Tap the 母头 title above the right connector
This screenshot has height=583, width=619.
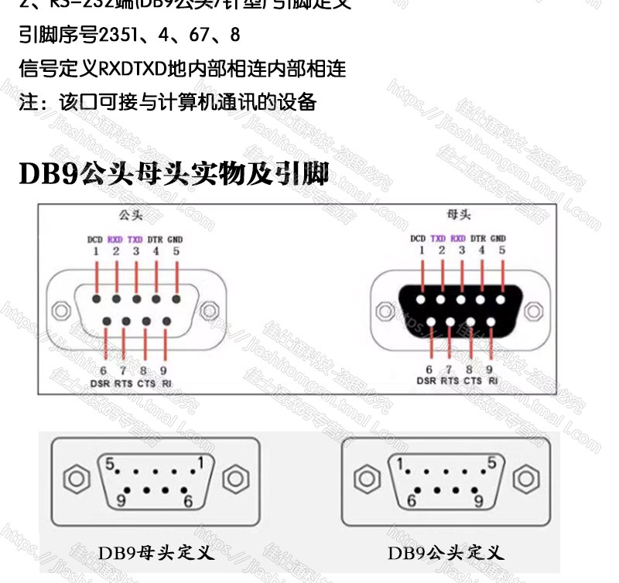click(x=459, y=213)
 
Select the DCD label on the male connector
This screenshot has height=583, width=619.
click(x=95, y=239)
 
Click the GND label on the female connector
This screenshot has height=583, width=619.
click(x=498, y=239)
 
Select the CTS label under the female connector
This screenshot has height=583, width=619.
click(x=473, y=380)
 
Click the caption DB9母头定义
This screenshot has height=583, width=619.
click(x=156, y=554)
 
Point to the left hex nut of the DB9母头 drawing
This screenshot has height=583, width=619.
click(x=75, y=479)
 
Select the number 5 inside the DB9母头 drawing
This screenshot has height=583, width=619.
click(x=111, y=465)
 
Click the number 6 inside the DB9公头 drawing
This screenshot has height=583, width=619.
click(x=411, y=502)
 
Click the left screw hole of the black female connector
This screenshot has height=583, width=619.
click(x=383, y=311)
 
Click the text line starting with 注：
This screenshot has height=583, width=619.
click(x=168, y=101)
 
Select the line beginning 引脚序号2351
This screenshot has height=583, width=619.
click(x=129, y=36)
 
